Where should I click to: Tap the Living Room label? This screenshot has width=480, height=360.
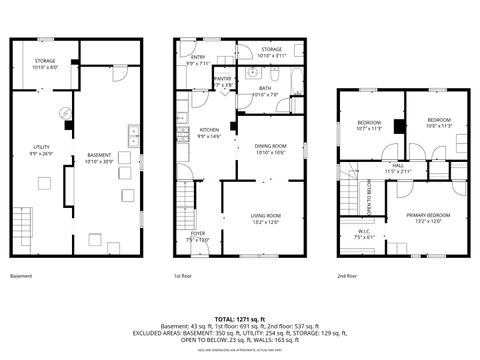click(x=265, y=218)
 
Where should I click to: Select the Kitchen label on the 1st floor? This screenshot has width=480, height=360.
click(x=209, y=132)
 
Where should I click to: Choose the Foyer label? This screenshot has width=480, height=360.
click(x=198, y=236)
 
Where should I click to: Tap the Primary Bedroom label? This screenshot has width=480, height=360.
click(x=427, y=217)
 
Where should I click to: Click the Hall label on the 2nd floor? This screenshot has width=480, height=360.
click(x=397, y=167)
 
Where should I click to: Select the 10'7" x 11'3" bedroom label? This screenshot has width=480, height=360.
click(x=370, y=124)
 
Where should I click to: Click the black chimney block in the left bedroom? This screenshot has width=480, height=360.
click(x=398, y=126)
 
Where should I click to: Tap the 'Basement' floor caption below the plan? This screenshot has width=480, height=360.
click(x=21, y=275)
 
